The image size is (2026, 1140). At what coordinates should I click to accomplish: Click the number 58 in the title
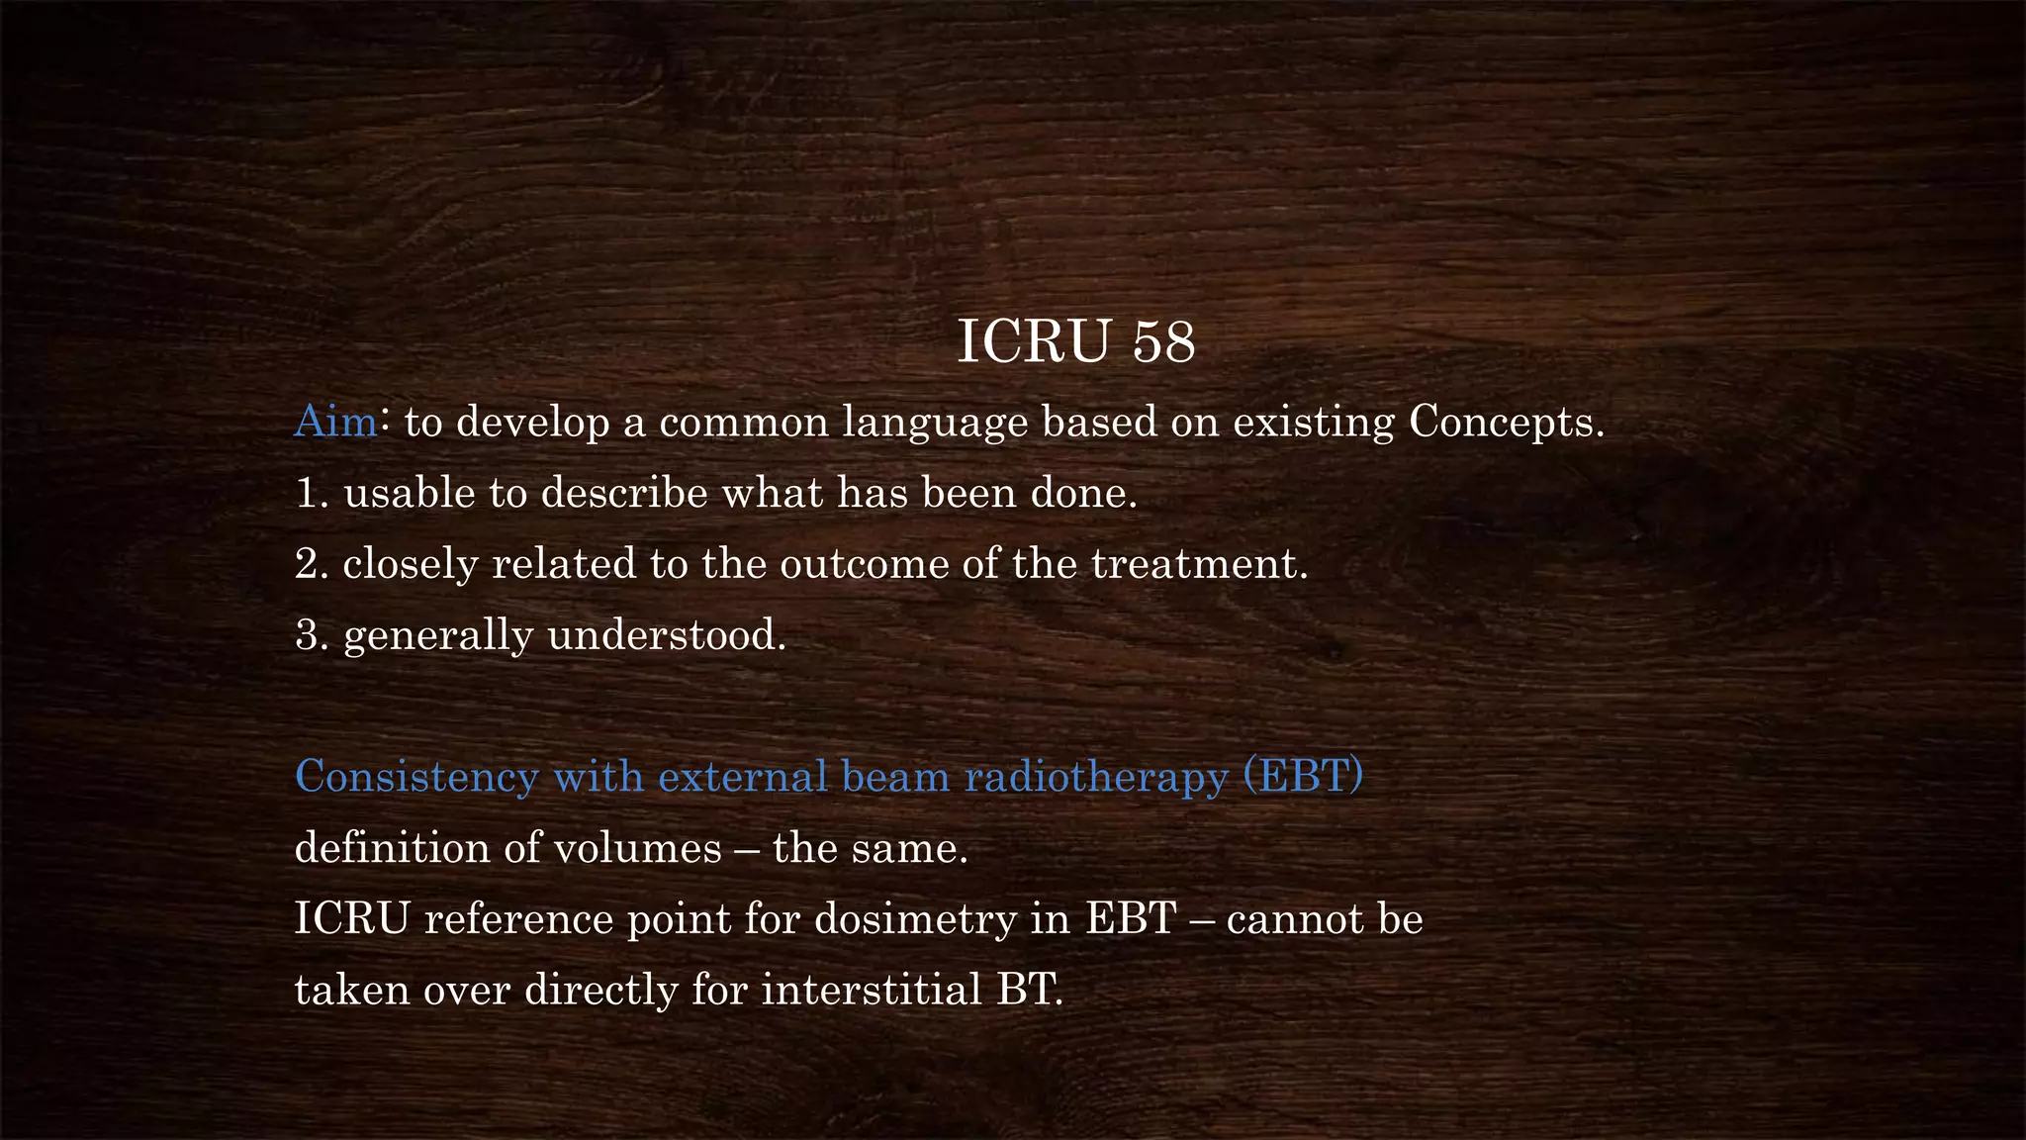tap(1163, 342)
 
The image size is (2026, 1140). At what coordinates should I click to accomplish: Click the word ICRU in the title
tap(1033, 342)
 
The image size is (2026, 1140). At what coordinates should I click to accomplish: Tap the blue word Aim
tap(335, 422)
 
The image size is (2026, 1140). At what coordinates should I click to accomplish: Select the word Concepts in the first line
tap(1505, 422)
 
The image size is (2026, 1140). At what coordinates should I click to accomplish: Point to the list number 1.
tap(310, 493)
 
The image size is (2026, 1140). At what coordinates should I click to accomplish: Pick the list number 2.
tap(310, 564)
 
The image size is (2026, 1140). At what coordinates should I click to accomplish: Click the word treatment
tap(1198, 564)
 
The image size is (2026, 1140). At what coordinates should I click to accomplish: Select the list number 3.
tap(310, 635)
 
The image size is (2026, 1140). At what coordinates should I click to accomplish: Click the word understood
tap(666, 635)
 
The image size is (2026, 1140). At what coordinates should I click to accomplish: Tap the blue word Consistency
tap(416, 777)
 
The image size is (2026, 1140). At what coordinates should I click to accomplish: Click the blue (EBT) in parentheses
tap(1303, 776)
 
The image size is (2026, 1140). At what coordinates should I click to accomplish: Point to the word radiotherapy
tap(1095, 778)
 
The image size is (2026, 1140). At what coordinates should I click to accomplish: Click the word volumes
tap(637, 848)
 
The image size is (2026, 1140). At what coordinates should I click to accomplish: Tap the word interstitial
tap(871, 991)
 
